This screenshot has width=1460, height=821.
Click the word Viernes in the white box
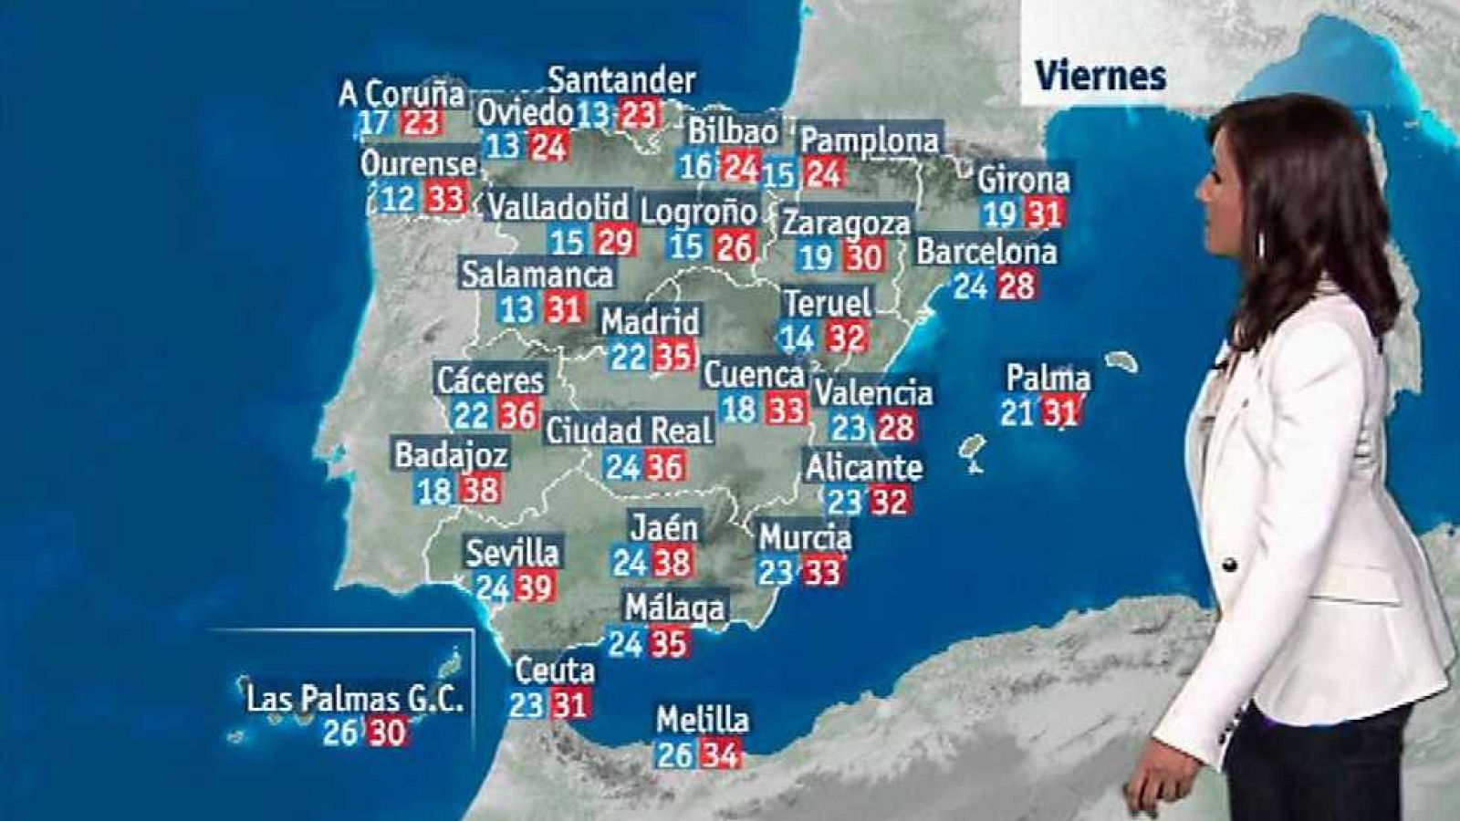[x=1100, y=76]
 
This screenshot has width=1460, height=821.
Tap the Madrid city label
[x=650, y=321]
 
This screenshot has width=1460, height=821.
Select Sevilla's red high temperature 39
[x=535, y=587]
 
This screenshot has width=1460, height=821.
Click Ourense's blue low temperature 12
[x=398, y=198]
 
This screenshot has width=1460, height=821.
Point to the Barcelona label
[x=986, y=251]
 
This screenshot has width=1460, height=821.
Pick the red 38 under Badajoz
[x=479, y=490]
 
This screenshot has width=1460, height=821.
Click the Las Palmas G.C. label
[x=355, y=700]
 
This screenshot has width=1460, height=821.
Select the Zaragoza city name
[x=846, y=223]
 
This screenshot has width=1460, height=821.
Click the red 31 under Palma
[x=1060, y=412]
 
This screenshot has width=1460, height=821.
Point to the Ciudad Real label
[x=629, y=431]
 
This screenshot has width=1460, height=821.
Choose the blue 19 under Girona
[x=1000, y=214]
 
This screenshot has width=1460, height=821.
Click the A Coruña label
[x=401, y=94]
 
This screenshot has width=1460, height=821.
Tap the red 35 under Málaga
[x=668, y=643]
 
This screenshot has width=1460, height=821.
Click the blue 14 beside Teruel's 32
[x=797, y=338]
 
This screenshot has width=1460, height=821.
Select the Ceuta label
[x=555, y=671]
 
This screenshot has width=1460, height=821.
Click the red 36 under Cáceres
[x=517, y=415]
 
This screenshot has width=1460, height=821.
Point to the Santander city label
[x=621, y=81]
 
